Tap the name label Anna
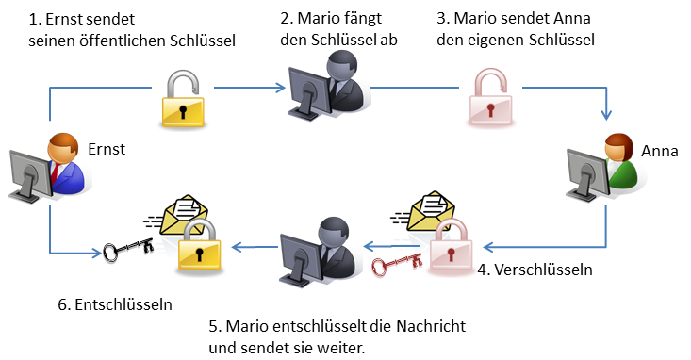pos(660,150)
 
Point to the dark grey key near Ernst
pos(126,251)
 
